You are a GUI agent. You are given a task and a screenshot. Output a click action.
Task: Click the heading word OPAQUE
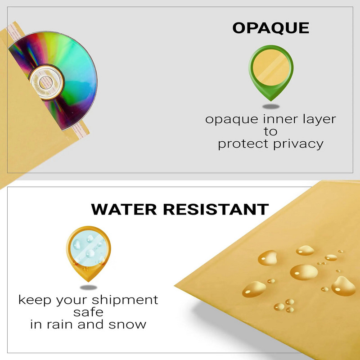pos(270,28)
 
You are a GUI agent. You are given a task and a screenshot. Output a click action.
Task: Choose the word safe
pos(88,312)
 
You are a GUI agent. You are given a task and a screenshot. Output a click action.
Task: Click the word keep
pos(35,300)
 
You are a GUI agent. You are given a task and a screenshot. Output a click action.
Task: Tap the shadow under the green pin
pos(271,107)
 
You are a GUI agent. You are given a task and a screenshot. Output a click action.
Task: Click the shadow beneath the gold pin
pos(88,287)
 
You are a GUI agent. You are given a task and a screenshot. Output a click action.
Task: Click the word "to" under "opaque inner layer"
pos(270,132)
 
